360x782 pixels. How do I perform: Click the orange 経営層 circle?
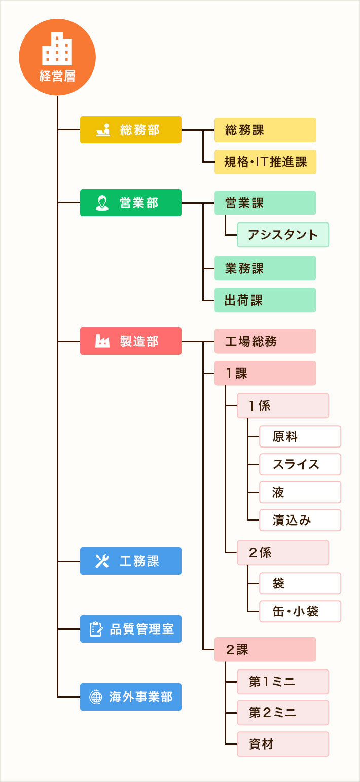tap(57, 57)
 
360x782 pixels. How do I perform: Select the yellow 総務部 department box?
tap(130, 130)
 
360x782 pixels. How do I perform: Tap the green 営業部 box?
tap(130, 203)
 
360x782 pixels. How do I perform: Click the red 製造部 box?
tap(130, 341)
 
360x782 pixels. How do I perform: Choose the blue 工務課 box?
tap(130, 561)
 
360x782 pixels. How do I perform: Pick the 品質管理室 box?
tap(130, 629)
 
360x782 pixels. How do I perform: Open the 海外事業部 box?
tap(130, 697)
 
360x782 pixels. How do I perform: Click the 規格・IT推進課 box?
tap(265, 162)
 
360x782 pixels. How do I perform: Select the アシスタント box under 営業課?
tap(282, 235)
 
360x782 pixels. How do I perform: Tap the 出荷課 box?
tap(265, 300)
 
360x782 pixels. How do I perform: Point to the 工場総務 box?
tap(265, 341)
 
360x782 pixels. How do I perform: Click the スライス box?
tap(300, 464)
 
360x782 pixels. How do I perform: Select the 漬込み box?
tap(300, 520)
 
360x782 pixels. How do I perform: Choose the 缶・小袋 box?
tap(300, 611)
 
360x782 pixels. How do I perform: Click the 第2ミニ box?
tap(282, 713)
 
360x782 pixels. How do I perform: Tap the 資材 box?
tap(282, 744)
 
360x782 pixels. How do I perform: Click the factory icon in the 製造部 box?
tap(102, 341)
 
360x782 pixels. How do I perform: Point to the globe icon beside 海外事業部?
tap(95, 697)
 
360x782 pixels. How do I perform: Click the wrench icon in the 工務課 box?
tap(102, 561)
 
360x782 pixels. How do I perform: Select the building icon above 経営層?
tap(57, 49)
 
